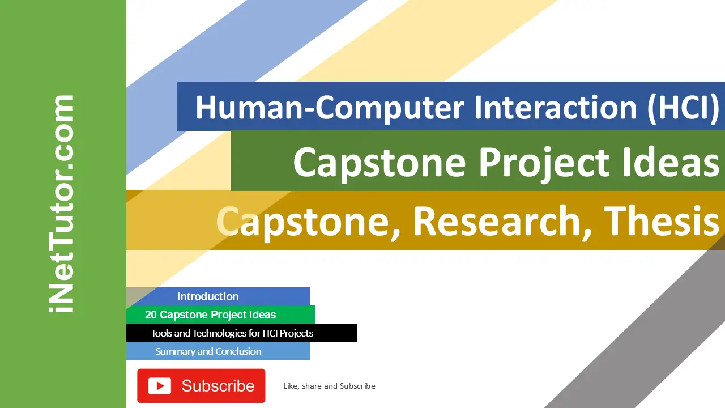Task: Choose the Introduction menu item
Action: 208,296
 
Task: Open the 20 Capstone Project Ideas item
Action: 211,314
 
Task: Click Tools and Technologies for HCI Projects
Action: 232,333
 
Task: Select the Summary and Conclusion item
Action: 208,351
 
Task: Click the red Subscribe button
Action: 201,386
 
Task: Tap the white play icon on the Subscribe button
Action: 160,386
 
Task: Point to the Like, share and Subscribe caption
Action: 329,386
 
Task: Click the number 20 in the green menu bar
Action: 151,314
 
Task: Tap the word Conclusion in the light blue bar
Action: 238,351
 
